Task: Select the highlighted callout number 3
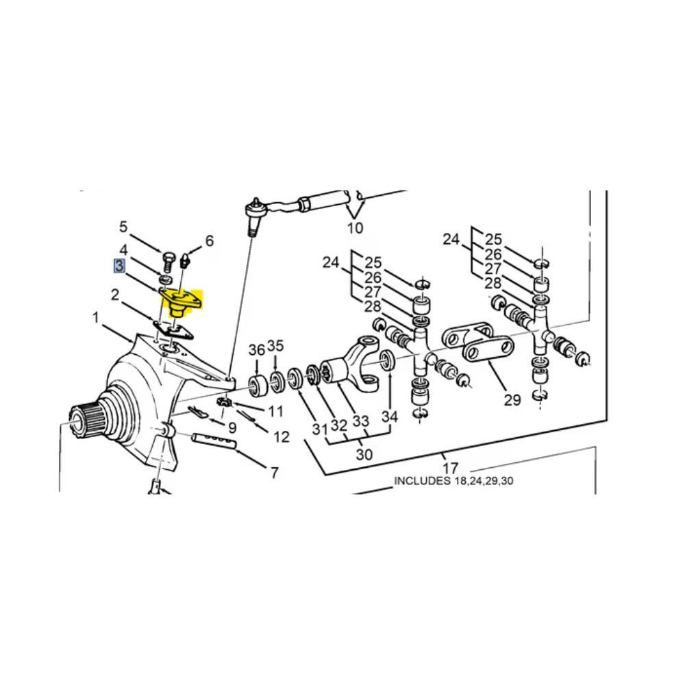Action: [119, 266]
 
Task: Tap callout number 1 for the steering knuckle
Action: [96, 318]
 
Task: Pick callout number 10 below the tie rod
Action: [355, 227]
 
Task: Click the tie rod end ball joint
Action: [254, 215]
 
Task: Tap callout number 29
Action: [512, 400]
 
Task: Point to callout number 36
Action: [257, 350]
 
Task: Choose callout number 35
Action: [275, 345]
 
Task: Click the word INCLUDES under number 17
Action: [422, 481]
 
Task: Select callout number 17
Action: [450, 469]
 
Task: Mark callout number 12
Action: [282, 437]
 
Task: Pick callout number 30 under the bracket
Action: [364, 455]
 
